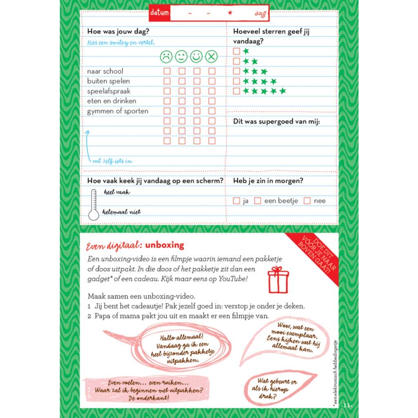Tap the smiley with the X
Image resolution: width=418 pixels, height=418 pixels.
[211, 56]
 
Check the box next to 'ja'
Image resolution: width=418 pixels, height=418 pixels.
[236, 201]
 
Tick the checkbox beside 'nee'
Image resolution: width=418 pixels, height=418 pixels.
[307, 201]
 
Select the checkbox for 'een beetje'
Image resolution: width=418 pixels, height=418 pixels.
[258, 201]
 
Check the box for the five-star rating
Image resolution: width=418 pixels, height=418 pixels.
[236, 91]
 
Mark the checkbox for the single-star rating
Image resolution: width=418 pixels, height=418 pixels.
[236, 51]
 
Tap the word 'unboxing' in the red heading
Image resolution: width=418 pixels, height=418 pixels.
[165, 245]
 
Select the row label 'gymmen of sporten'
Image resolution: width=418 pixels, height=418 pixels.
[118, 111]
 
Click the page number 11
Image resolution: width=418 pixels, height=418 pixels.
[347, 405]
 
